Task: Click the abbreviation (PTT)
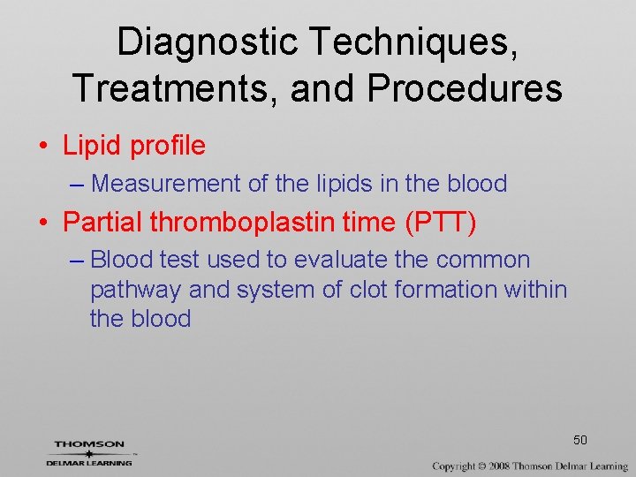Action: coord(440,223)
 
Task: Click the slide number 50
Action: coord(580,440)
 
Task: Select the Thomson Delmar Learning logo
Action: coord(88,452)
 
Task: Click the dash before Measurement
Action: coord(77,184)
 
